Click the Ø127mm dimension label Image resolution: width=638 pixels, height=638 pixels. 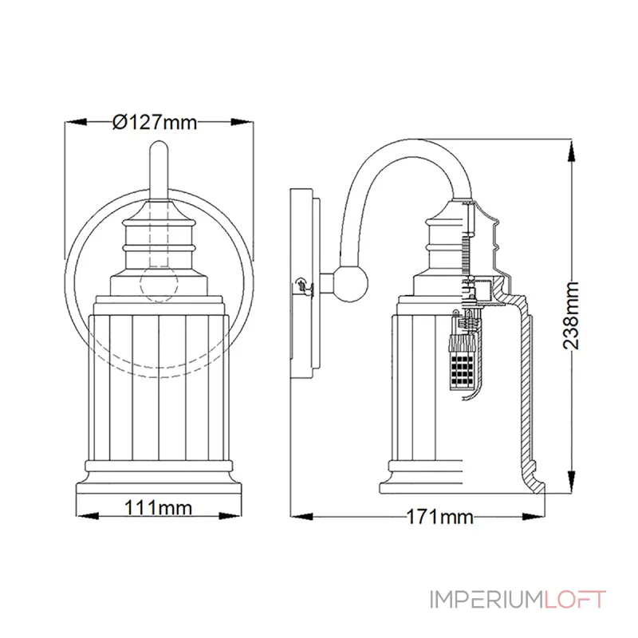pos(155,122)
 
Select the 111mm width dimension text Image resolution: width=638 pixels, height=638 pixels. pos(156,506)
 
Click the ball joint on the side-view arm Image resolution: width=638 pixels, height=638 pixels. pos(352,284)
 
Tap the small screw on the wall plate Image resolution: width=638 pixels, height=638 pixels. pos(301,283)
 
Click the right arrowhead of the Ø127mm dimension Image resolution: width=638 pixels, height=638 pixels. pos(242,122)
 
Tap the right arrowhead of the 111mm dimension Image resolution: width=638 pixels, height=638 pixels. pos(238,506)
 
